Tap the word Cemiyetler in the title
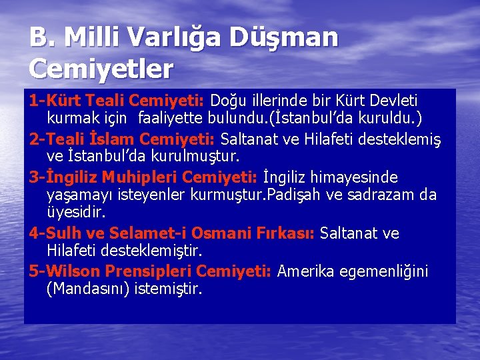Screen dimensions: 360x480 (101, 68)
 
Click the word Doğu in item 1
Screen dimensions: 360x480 (228, 101)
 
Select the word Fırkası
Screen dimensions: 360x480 (287, 233)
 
